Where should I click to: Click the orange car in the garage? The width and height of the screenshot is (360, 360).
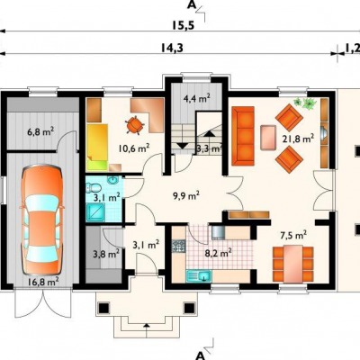click(x=42, y=219)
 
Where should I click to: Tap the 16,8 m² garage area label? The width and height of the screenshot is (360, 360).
click(x=43, y=282)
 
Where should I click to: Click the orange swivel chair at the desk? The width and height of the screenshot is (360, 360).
click(x=134, y=125)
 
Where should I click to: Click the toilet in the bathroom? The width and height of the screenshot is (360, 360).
click(x=94, y=188)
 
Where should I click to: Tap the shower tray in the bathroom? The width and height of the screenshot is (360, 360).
click(x=95, y=212)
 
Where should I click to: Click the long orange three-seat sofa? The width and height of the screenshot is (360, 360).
click(x=243, y=136)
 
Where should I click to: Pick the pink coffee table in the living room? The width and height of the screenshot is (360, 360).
click(x=268, y=138)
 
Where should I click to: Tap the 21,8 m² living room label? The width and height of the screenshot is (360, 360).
click(x=298, y=139)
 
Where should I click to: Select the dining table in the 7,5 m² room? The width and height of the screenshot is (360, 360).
click(x=293, y=264)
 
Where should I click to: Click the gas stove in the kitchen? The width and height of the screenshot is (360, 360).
click(x=179, y=247)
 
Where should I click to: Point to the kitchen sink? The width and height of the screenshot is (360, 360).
click(x=199, y=275)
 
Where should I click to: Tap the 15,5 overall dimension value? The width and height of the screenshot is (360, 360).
click(x=184, y=25)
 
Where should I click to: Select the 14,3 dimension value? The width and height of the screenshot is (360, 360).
click(x=172, y=48)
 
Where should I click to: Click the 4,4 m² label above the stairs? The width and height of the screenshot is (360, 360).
click(x=197, y=98)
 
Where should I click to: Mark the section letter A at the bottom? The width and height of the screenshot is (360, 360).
click(x=200, y=355)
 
